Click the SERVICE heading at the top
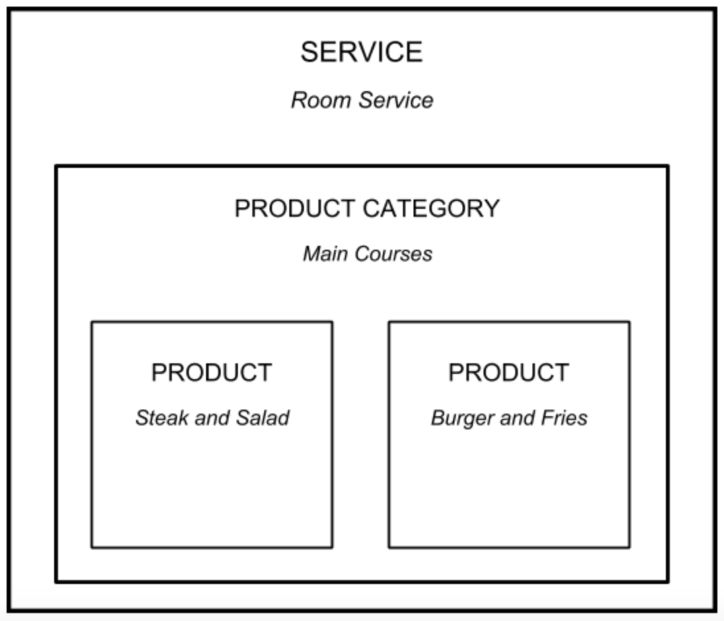coord(361,52)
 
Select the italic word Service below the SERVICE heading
coord(396,100)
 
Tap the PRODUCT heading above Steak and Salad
coord(211,373)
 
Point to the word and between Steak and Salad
coord(211,418)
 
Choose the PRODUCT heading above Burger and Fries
coord(508,373)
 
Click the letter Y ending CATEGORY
coord(490,209)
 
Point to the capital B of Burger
coord(437,418)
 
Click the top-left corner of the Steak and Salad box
coord(92,322)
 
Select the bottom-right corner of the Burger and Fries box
coord(629,547)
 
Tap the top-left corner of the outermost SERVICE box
coord(9,9)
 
